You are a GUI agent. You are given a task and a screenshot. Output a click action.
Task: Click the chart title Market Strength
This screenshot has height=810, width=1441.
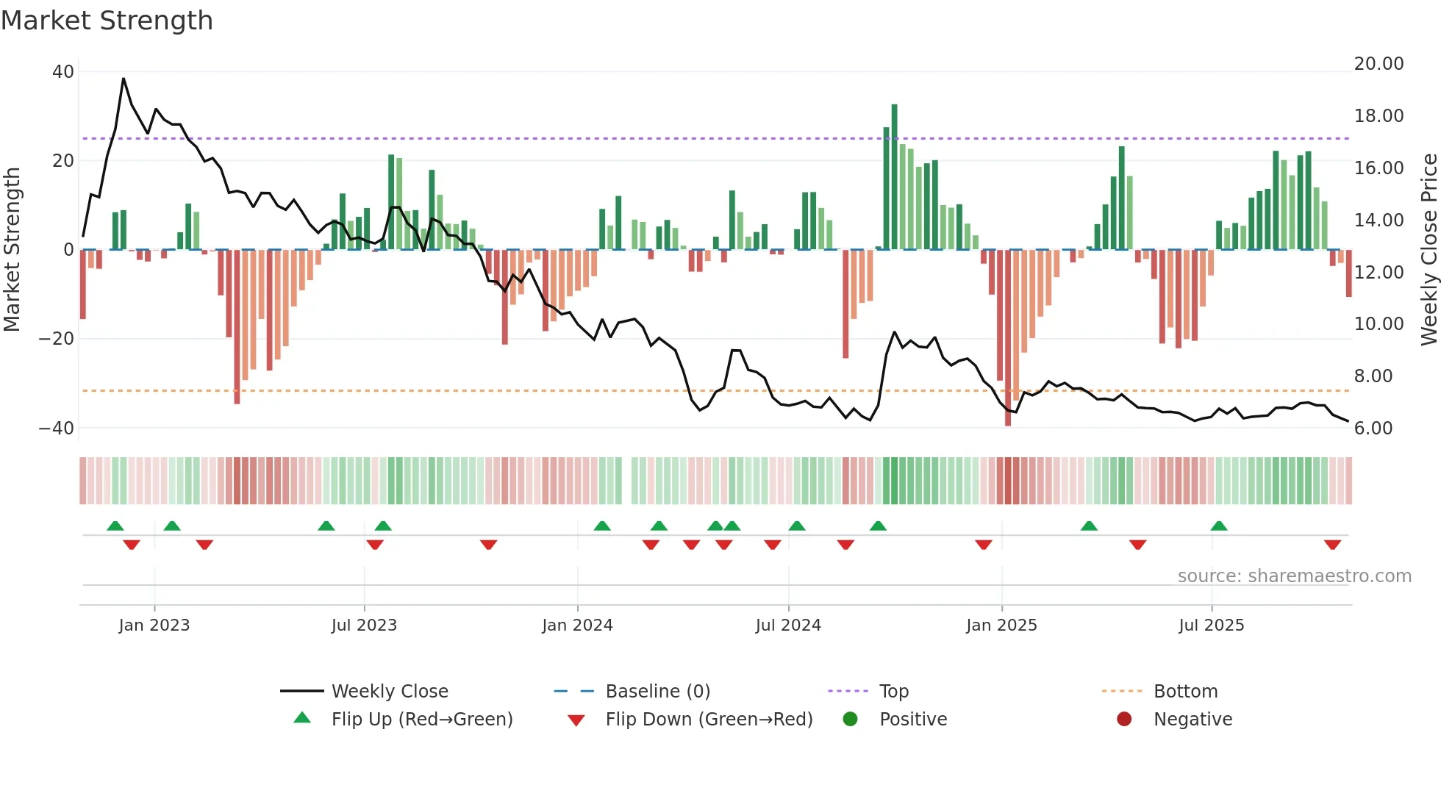(107, 21)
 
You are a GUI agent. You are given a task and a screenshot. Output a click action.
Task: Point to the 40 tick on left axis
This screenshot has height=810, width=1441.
(63, 72)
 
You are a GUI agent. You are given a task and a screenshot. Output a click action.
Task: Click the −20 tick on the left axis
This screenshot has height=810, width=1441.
(57, 339)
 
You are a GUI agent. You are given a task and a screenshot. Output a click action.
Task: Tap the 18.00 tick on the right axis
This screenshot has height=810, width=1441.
(1379, 116)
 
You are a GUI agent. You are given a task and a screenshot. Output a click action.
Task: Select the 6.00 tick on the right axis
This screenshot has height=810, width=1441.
(1373, 429)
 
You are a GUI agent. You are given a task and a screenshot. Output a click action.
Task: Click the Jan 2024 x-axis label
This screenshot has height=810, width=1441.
(577, 626)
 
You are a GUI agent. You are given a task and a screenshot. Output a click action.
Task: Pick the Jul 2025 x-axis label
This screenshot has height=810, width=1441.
(1211, 626)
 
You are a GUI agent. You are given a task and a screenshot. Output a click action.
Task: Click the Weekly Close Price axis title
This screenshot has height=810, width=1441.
(1429, 249)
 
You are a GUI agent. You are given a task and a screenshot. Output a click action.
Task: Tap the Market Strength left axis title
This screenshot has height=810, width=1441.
(12, 249)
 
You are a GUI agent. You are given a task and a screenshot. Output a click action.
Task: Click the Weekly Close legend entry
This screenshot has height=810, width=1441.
(389, 692)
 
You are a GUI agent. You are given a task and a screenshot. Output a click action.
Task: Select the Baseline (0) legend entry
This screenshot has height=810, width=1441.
(657, 692)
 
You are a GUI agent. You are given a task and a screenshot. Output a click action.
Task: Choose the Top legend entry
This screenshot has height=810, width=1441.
(893, 692)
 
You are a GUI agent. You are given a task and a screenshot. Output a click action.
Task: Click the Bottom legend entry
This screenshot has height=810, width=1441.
(1185, 692)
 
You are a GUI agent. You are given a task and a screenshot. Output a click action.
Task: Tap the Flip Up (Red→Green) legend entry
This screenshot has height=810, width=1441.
(421, 720)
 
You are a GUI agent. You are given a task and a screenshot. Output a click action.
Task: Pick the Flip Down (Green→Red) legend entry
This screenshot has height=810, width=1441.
(708, 720)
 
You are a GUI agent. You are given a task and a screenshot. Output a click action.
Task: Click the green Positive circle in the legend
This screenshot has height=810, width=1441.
(851, 720)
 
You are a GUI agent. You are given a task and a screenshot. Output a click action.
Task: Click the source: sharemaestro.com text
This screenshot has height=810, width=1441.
(1294, 576)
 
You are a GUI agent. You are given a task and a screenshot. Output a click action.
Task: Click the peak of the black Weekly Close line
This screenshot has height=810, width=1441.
(124, 79)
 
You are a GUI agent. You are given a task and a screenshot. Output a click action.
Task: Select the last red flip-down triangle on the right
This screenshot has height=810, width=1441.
(1332, 545)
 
